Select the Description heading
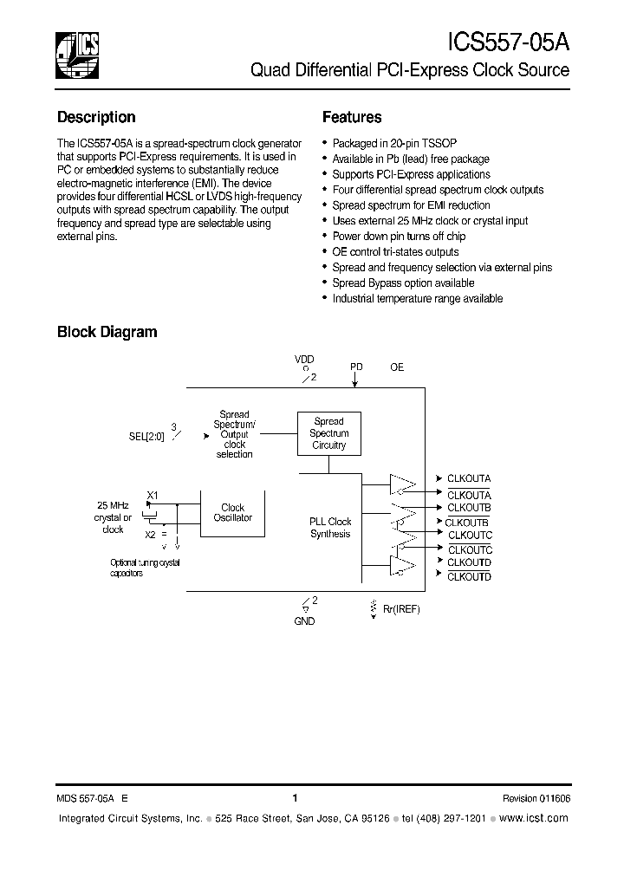(96, 118)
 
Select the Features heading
(352, 118)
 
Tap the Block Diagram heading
(107, 332)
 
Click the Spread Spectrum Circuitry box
(329, 433)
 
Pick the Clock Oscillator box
(233, 512)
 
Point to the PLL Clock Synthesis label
(330, 528)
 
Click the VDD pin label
(304, 359)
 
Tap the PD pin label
(356, 367)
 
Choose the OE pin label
(397, 367)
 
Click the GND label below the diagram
(304, 621)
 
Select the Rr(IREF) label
(401, 609)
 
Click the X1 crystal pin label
(152, 495)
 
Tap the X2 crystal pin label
(150, 534)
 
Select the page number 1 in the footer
(295, 798)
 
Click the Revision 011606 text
(536, 799)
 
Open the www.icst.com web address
(535, 818)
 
